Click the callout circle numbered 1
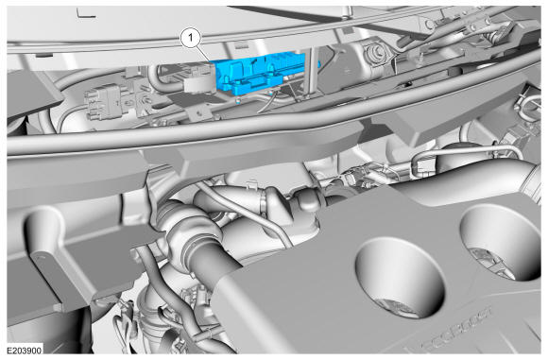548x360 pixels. click(x=191, y=38)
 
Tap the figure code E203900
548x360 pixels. click(x=25, y=351)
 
